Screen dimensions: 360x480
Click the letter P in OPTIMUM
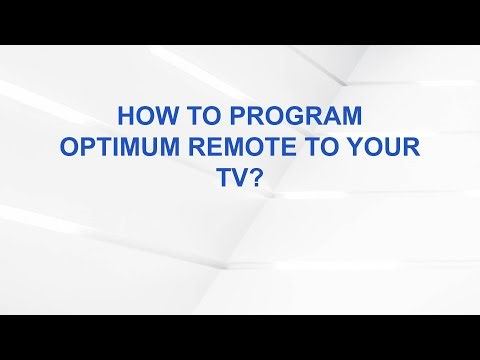[84, 146]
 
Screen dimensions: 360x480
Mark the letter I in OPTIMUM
[112, 146]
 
